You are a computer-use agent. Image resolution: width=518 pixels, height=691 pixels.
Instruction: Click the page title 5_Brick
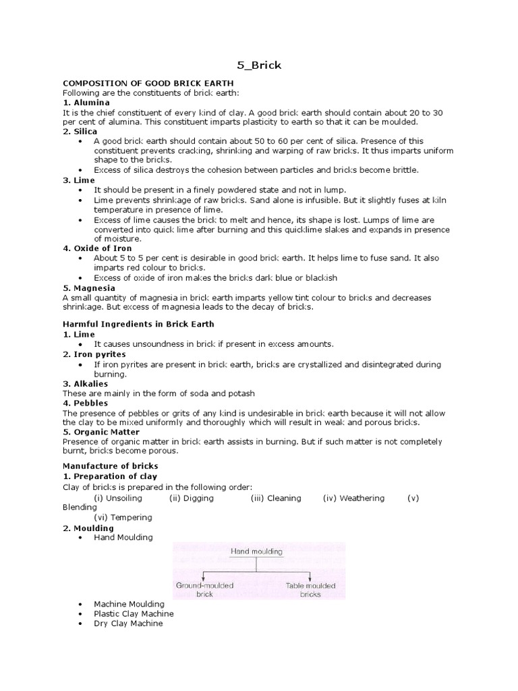258,65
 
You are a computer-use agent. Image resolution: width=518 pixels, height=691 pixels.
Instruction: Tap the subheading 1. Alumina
86,102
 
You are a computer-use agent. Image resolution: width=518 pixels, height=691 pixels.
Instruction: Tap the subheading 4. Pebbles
85,403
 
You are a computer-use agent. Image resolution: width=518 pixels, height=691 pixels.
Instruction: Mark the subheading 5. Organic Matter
101,432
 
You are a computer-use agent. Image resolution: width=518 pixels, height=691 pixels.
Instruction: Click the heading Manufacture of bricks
110,466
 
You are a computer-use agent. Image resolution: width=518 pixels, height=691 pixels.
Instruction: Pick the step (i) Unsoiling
118,498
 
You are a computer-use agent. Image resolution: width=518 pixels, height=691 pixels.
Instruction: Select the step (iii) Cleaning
276,498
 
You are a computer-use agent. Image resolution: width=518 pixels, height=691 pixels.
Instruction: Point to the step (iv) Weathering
353,498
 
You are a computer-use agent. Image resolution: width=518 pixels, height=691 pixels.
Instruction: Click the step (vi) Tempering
123,518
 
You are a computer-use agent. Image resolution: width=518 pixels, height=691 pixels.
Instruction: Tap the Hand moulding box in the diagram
256,551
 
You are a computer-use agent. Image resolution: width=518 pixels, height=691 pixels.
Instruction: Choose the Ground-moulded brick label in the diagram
204,590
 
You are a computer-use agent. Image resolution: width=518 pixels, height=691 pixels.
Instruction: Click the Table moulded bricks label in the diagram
310,590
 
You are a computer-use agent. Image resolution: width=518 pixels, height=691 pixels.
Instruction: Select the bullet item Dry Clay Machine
128,624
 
